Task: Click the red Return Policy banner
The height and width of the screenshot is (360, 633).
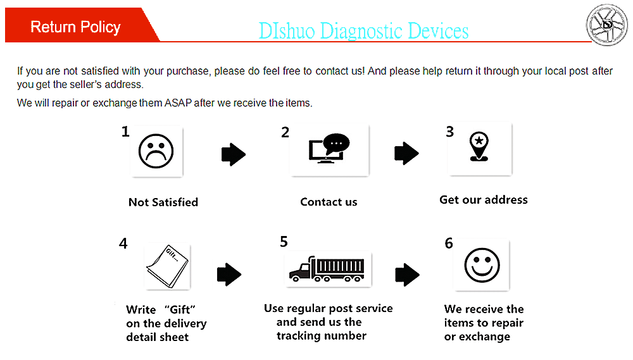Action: (76, 27)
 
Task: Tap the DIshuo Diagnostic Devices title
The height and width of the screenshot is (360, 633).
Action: (363, 30)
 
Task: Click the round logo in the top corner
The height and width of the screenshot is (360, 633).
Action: (607, 25)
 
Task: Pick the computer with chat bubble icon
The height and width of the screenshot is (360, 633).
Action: (329, 150)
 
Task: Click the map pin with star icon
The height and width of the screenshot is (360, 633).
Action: (479, 147)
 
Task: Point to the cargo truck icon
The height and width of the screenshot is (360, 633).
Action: (327, 268)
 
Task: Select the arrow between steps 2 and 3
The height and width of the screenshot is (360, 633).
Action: (406, 152)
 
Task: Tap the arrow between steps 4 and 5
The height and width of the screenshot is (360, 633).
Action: (229, 274)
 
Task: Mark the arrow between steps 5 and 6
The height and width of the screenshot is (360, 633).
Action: (407, 275)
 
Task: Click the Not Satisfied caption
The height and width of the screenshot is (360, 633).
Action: (163, 202)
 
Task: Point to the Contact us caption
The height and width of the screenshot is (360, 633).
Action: (329, 202)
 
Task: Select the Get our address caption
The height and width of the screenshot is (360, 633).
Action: (484, 200)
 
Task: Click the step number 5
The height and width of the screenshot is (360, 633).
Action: (284, 242)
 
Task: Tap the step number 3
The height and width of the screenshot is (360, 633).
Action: (450, 132)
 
